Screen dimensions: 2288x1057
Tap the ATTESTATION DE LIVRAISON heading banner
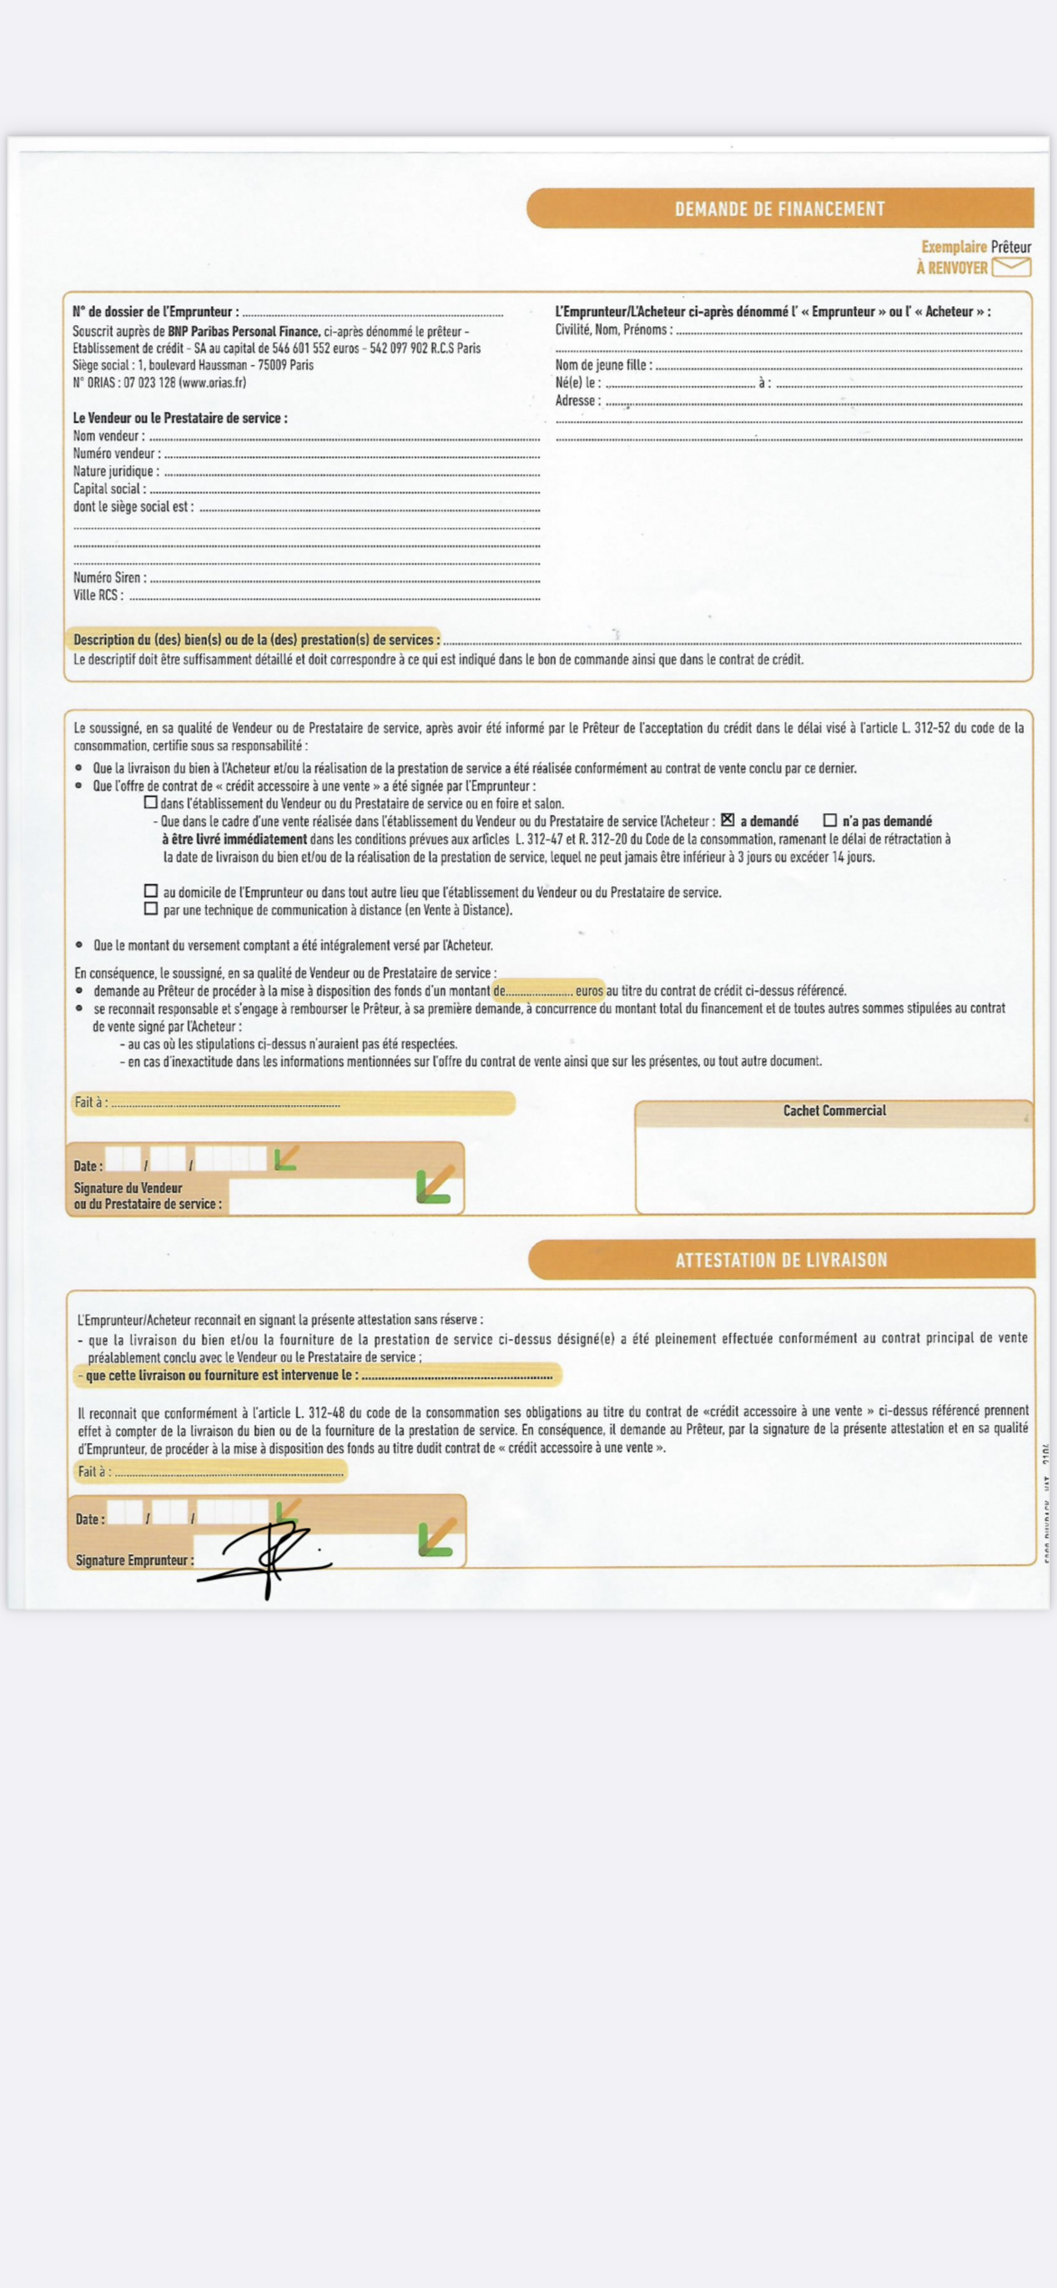781,1259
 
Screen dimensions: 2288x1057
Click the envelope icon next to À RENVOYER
1011,266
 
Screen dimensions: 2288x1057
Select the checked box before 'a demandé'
727,820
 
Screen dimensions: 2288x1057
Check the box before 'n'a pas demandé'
830,820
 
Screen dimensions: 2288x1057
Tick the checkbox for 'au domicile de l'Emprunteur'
151,891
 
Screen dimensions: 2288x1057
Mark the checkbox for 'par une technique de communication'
151,909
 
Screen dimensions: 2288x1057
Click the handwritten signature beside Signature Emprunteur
266,1559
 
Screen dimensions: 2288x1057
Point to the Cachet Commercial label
834,1110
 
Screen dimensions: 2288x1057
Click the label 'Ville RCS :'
98,596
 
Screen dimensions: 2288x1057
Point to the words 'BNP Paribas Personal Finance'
244,330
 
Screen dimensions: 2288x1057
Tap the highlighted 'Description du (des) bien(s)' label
256,640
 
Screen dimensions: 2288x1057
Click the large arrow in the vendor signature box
435,1185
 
